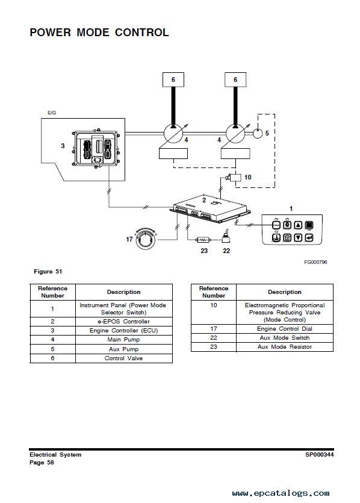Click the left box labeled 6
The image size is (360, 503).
pyautogui.click(x=173, y=80)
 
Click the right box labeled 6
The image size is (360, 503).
pyautogui.click(x=235, y=80)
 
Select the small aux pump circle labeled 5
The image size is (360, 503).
pyautogui.click(x=258, y=133)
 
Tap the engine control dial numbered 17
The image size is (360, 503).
pyautogui.click(x=146, y=239)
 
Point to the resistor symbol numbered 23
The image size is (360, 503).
pyautogui.click(x=203, y=239)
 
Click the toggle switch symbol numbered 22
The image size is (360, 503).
pyautogui.click(x=226, y=236)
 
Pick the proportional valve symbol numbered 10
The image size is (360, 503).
pyautogui.click(x=234, y=177)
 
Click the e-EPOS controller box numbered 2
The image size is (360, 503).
pyautogui.click(x=210, y=209)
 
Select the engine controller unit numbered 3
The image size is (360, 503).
pyautogui.click(x=96, y=148)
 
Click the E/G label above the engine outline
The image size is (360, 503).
pyautogui.click(x=52, y=113)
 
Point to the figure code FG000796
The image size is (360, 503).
pyautogui.click(x=315, y=262)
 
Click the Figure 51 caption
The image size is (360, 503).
pyautogui.click(x=48, y=272)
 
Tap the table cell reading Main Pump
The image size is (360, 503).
pyautogui.click(x=124, y=340)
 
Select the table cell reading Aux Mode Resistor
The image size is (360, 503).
pyautogui.click(x=285, y=347)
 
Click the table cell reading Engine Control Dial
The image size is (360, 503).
pyautogui.click(x=285, y=329)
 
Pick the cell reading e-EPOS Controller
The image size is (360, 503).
pyautogui.click(x=124, y=322)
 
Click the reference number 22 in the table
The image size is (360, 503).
pyautogui.click(x=214, y=338)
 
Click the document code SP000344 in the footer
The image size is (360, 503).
pyautogui.click(x=319, y=455)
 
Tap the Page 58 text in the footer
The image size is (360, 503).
pyautogui.click(x=42, y=463)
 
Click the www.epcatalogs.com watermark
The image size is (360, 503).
pyautogui.click(x=281, y=493)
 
